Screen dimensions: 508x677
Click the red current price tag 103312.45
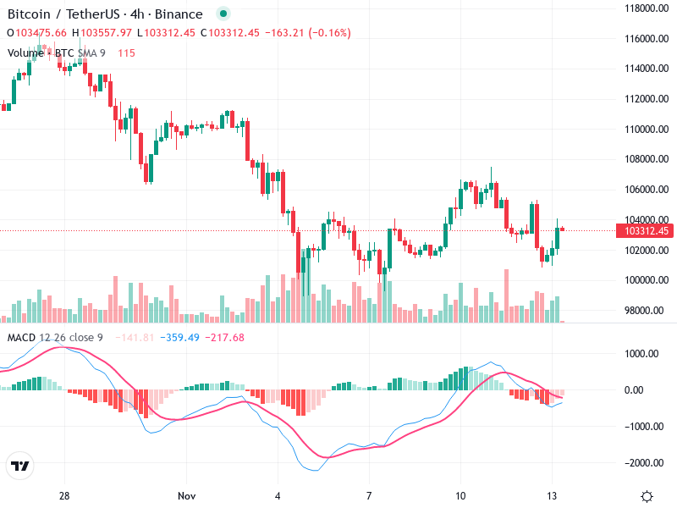pyautogui.click(x=647, y=231)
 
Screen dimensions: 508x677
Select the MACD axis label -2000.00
pyautogui.click(x=645, y=463)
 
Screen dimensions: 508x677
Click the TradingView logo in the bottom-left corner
pyautogui.click(x=20, y=467)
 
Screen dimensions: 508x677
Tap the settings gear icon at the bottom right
pyautogui.click(x=647, y=495)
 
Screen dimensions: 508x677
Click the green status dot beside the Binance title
pyautogui.click(x=223, y=14)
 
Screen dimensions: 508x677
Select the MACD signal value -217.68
pyautogui.click(x=226, y=338)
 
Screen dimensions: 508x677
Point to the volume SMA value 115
pyautogui.click(x=126, y=52)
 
